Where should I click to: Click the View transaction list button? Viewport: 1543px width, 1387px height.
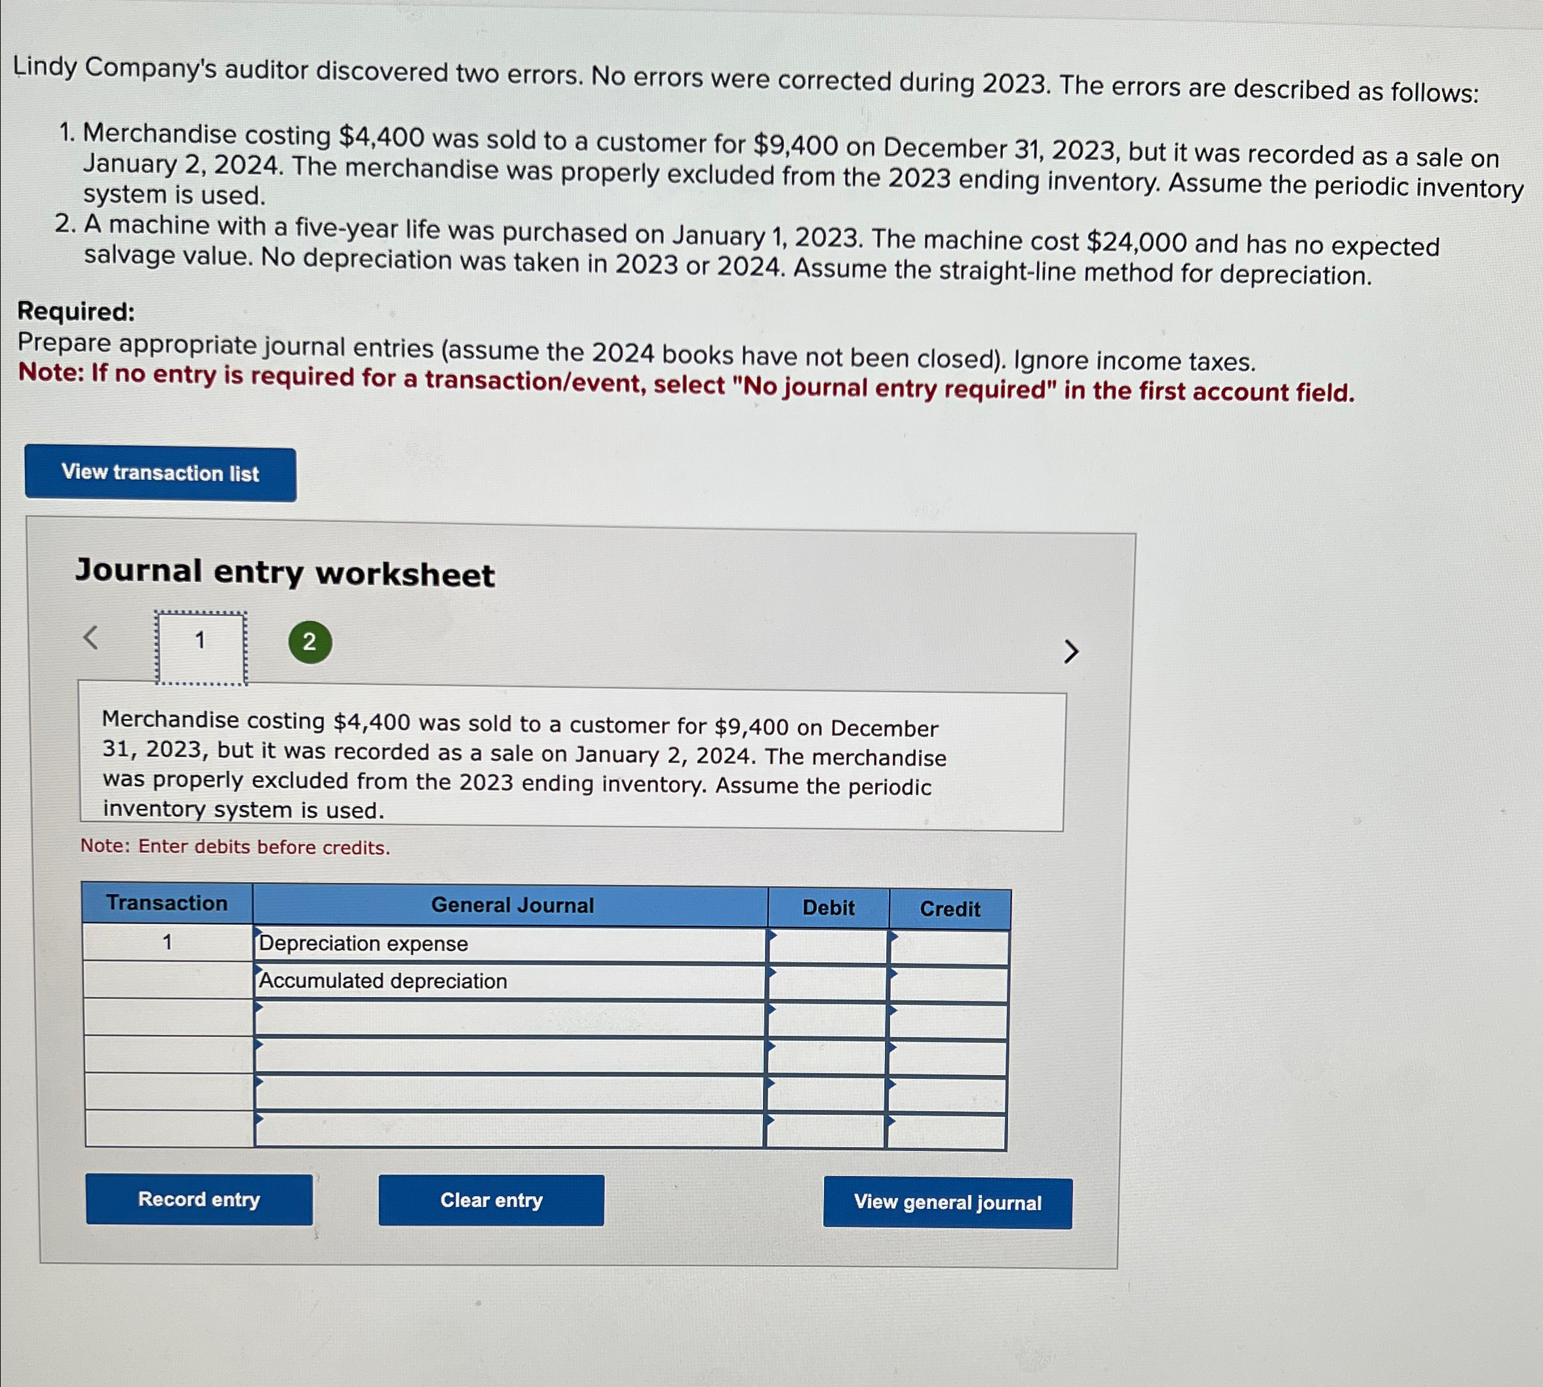160,473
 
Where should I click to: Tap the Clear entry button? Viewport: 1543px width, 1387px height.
492,1200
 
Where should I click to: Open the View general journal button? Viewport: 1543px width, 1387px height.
947,1203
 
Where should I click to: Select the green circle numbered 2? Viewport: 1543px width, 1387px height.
309,642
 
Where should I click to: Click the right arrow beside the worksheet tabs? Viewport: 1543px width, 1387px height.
1070,652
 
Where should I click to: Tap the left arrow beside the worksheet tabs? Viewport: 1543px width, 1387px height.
90,637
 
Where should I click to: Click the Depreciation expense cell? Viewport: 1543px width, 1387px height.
509,945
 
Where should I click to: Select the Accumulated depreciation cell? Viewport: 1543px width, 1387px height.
509,981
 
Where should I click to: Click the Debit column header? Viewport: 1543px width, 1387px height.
829,908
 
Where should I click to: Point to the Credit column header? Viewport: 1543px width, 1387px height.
949,909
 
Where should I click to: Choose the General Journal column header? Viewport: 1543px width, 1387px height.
512,905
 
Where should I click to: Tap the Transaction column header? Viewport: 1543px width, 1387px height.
167,903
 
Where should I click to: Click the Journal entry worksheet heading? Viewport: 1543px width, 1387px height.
285,573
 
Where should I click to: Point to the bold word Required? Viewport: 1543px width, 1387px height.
76,312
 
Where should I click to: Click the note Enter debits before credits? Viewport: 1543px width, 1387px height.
235,847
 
